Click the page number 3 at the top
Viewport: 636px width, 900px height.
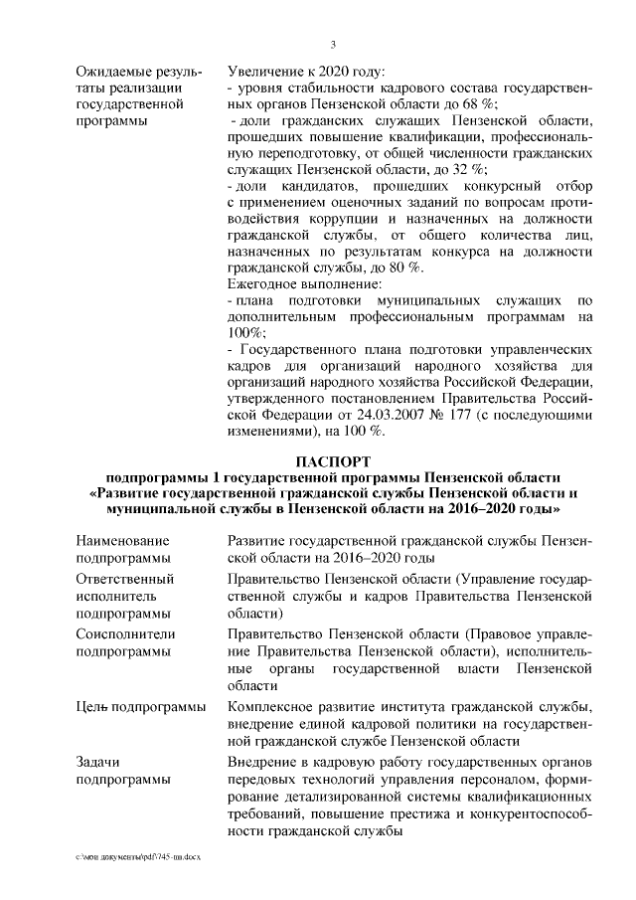[x=334, y=45]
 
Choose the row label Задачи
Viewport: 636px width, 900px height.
[x=97, y=762]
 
